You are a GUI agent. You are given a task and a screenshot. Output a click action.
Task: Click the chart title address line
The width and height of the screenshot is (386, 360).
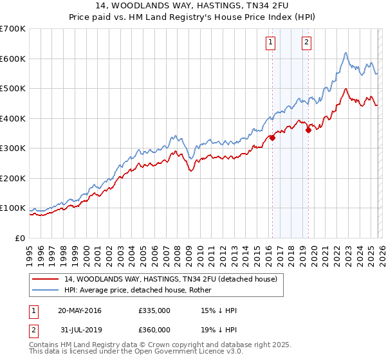pos(193,6)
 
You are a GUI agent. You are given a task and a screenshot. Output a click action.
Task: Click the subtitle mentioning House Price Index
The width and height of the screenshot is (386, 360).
pos(193,17)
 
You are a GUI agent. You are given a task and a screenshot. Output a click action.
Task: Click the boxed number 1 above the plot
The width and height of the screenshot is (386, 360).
pos(270,43)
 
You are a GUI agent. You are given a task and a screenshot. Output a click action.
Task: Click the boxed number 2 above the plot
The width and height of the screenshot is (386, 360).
pos(306,43)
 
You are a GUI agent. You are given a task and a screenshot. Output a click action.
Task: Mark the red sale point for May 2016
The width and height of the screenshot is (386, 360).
pos(272,137)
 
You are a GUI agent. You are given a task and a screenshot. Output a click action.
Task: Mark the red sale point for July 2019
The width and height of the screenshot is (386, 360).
pos(308,130)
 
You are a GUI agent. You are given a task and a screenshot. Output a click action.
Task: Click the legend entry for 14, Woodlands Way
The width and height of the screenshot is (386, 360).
pos(170,279)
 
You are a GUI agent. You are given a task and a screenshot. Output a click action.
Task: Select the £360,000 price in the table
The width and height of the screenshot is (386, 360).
pos(154,330)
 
